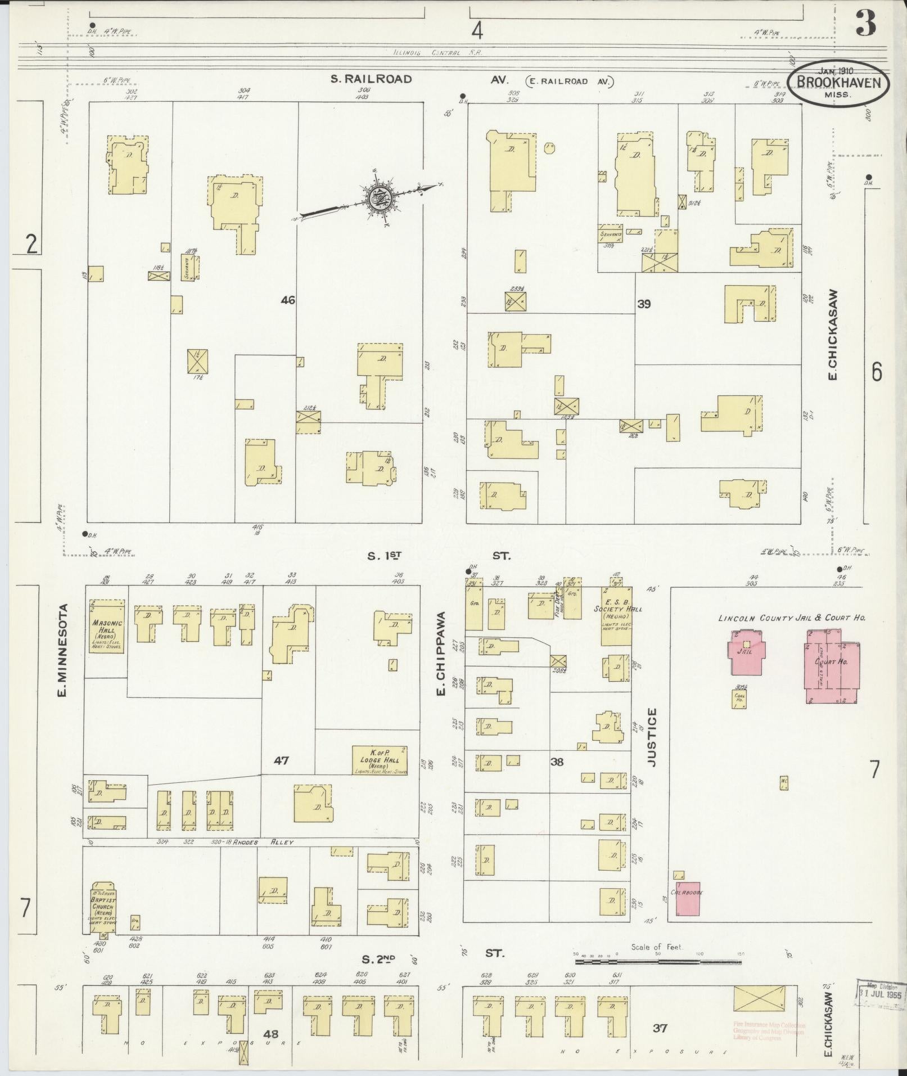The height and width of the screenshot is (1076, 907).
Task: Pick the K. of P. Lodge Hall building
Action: [x=380, y=760]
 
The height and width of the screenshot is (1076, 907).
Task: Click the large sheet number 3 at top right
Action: [x=866, y=24]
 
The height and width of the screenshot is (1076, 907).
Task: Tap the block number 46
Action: [x=288, y=300]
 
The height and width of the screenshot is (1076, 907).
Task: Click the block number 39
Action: [x=644, y=304]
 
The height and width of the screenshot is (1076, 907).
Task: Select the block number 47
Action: [x=281, y=761]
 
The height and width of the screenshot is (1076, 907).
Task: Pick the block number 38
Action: [x=557, y=762]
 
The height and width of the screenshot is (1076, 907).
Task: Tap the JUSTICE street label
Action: [x=652, y=737]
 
